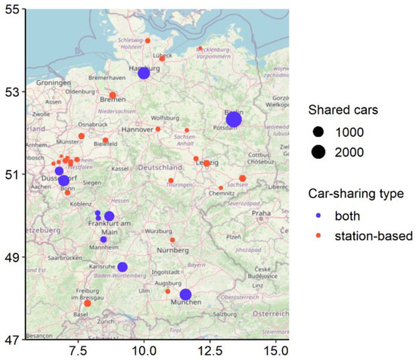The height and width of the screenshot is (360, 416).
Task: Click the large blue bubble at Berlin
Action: [234, 119]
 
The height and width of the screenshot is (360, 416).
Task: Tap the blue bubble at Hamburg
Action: [144, 73]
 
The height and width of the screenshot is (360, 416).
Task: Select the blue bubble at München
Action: [185, 294]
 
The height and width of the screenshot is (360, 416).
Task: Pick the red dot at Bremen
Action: [113, 95]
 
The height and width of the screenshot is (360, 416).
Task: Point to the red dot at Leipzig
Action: [206, 163]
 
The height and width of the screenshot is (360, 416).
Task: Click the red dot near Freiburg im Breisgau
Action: [88, 303]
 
